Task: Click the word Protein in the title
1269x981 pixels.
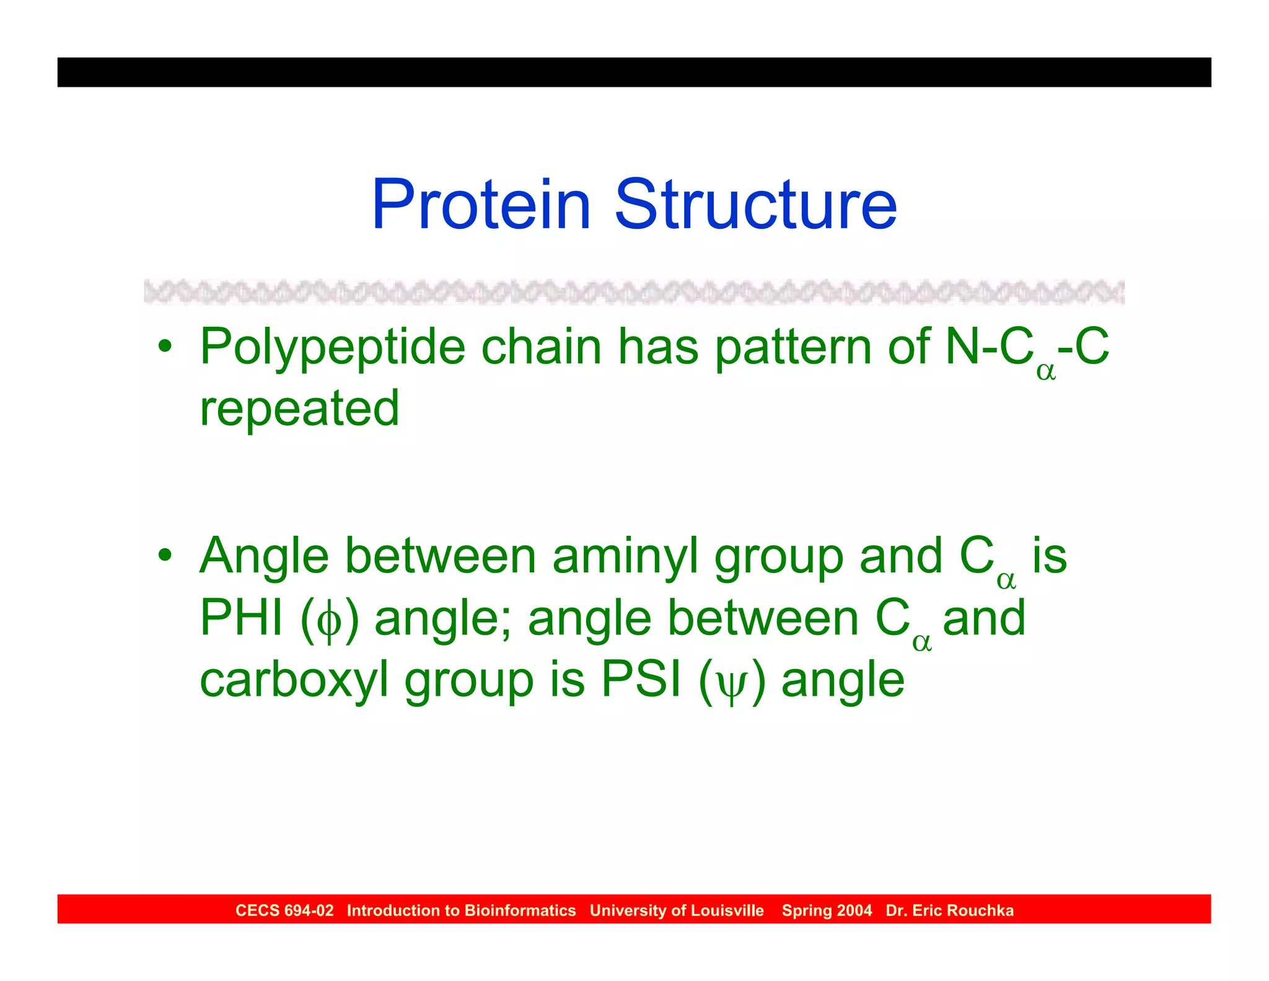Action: [x=481, y=205]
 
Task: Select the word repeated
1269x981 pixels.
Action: [x=299, y=409]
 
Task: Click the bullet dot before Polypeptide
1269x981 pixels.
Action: [x=164, y=345]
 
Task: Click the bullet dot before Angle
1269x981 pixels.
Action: [x=164, y=554]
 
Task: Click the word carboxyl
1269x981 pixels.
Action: [x=294, y=681]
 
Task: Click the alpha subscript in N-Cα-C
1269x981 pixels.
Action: [x=1045, y=371]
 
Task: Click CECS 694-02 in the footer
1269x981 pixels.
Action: [x=284, y=910]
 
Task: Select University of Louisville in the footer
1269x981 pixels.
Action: [x=677, y=910]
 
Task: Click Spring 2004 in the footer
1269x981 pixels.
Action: [x=827, y=910]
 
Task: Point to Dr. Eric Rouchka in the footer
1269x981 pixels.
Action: [x=949, y=910]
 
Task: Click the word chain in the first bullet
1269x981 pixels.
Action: [x=542, y=347]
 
